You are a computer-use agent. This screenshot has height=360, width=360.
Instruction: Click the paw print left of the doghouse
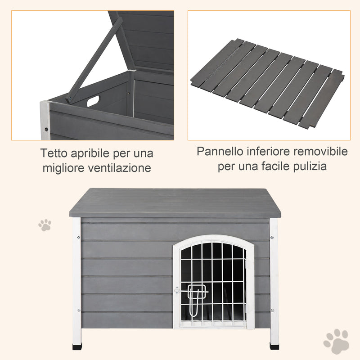pos(45,225)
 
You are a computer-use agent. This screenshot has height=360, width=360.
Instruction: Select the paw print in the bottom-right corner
pos(336,341)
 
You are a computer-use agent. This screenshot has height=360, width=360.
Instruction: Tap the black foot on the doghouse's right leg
pos(274,346)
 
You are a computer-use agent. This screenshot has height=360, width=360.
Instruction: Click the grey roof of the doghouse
pos(175,202)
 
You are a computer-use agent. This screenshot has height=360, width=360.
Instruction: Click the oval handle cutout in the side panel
pos(93,101)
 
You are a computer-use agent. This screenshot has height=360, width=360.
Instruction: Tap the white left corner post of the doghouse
pos(77,279)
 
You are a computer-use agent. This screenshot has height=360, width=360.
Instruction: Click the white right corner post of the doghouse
pos(274,279)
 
